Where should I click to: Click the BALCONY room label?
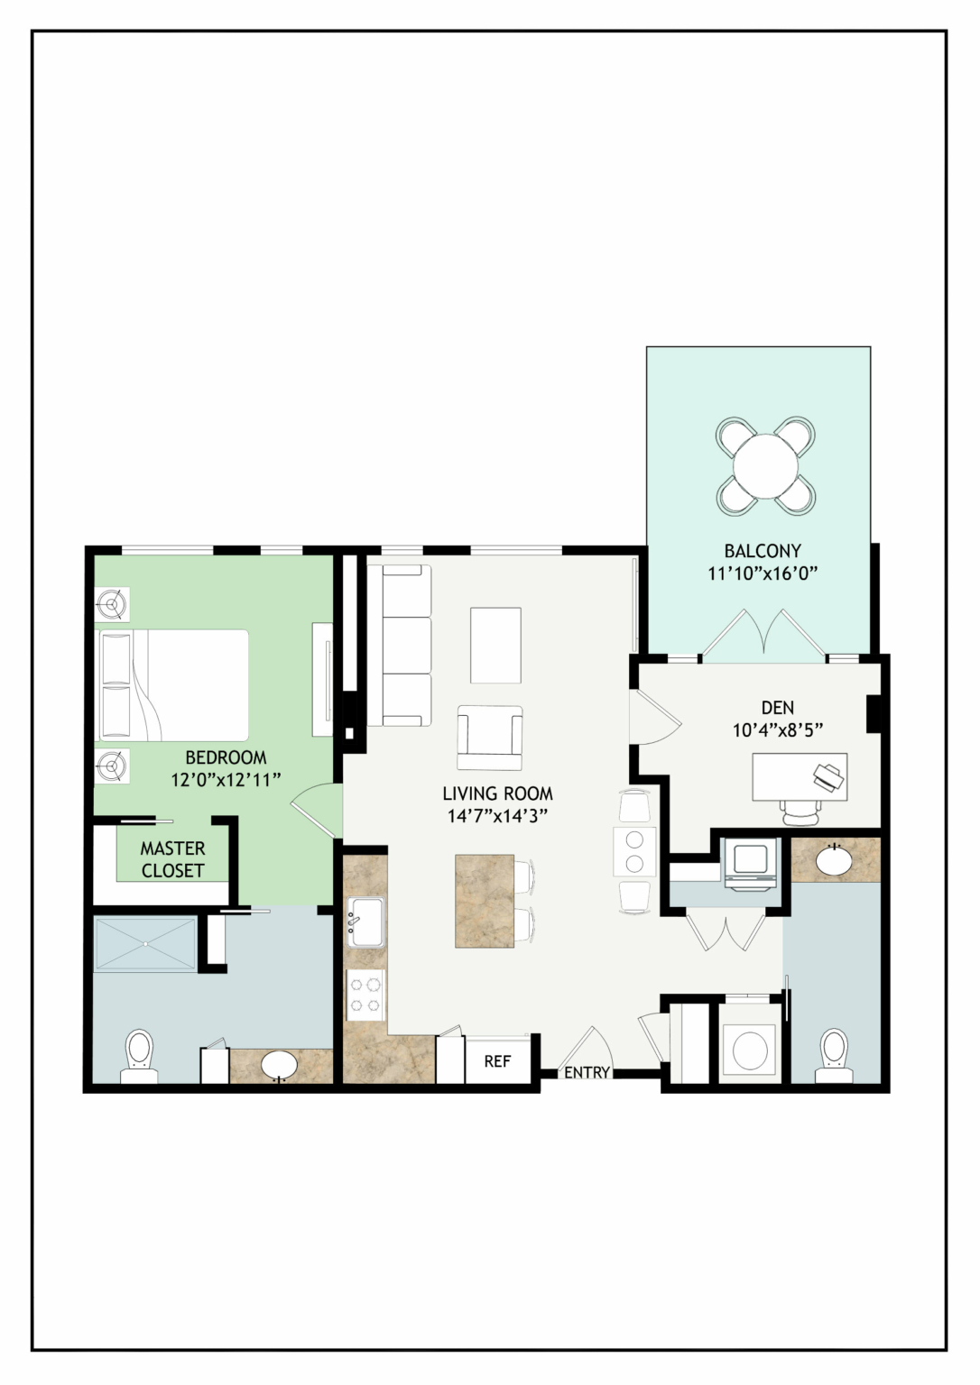pyautogui.click(x=763, y=550)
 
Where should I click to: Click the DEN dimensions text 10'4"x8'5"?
pyautogui.click(x=778, y=731)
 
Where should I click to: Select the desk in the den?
pyautogui.click(x=800, y=776)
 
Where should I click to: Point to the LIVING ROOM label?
pyautogui.click(x=497, y=793)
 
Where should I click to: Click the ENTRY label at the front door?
pyautogui.click(x=587, y=1072)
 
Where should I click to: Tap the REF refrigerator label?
pyautogui.click(x=497, y=1061)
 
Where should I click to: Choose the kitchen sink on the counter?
pyautogui.click(x=365, y=922)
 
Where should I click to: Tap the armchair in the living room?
pyautogui.click(x=490, y=738)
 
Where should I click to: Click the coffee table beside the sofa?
pyautogui.click(x=495, y=645)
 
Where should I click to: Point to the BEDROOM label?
pyautogui.click(x=226, y=757)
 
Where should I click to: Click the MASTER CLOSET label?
pyautogui.click(x=172, y=858)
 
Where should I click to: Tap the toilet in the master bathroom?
pyautogui.click(x=139, y=1056)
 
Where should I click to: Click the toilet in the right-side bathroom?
pyautogui.click(x=832, y=1056)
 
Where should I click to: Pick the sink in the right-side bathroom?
pyautogui.click(x=835, y=860)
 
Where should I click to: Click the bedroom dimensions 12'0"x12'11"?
pyautogui.click(x=226, y=780)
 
